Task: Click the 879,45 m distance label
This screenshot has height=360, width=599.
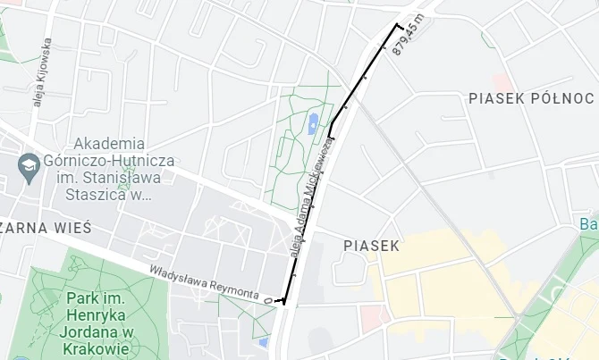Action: [x=407, y=38]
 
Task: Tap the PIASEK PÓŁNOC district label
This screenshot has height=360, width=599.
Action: [x=531, y=97]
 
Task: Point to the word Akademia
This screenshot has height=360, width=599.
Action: [x=109, y=143]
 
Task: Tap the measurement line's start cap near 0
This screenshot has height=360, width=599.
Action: [x=283, y=301]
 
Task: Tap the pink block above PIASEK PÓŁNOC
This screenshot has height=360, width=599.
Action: [x=500, y=82]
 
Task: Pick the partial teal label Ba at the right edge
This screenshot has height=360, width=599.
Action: [x=588, y=223]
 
